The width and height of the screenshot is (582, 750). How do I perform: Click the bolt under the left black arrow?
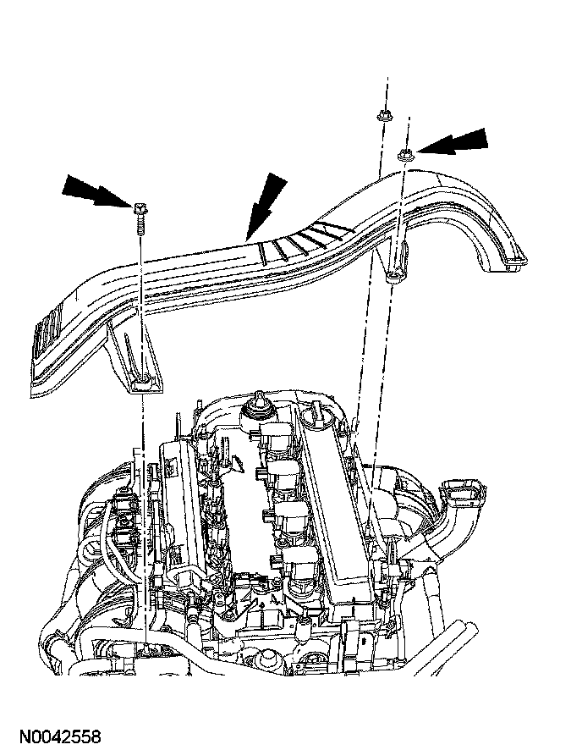tap(138, 206)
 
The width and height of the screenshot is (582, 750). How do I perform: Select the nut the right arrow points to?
tap(404, 153)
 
